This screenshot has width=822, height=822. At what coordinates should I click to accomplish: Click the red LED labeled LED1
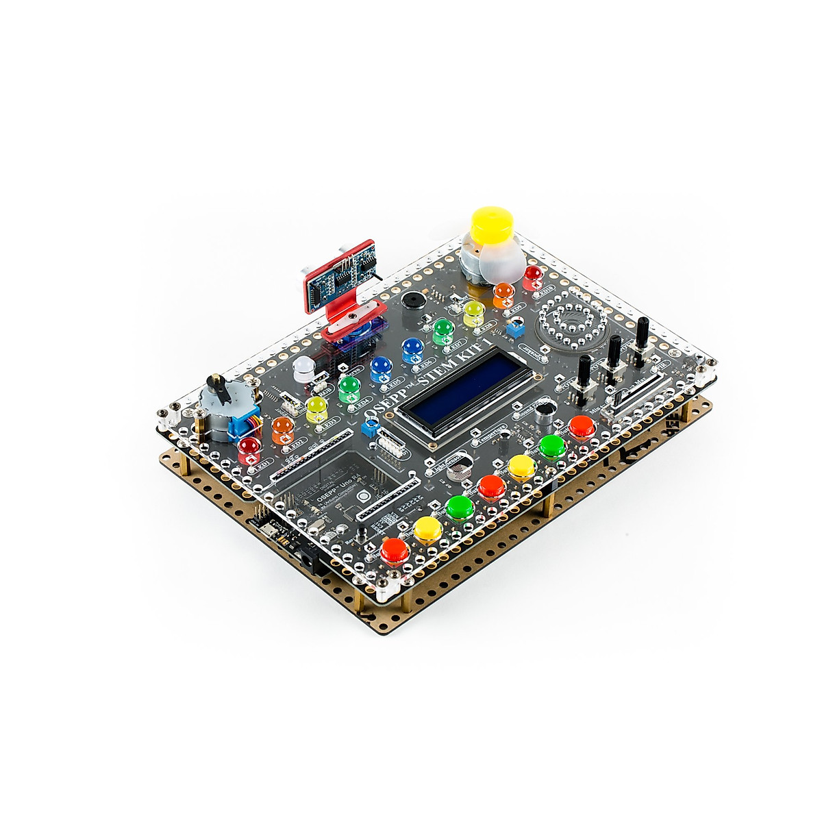[x=249, y=449]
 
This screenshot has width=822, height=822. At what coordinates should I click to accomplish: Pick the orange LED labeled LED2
[x=282, y=429]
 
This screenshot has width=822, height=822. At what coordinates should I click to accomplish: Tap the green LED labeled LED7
[x=443, y=330]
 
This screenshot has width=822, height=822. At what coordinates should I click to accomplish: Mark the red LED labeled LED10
[x=533, y=275]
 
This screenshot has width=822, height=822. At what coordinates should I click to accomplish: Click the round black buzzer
[x=413, y=301]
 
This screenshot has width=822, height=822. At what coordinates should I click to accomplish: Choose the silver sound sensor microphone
[x=545, y=410]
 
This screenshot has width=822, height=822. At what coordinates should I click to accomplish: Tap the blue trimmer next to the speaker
[x=514, y=328]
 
